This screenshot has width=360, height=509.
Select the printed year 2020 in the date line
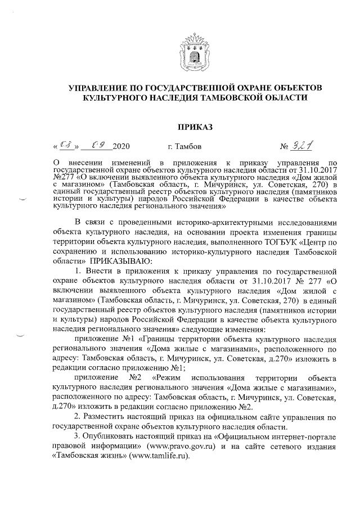(121, 148)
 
